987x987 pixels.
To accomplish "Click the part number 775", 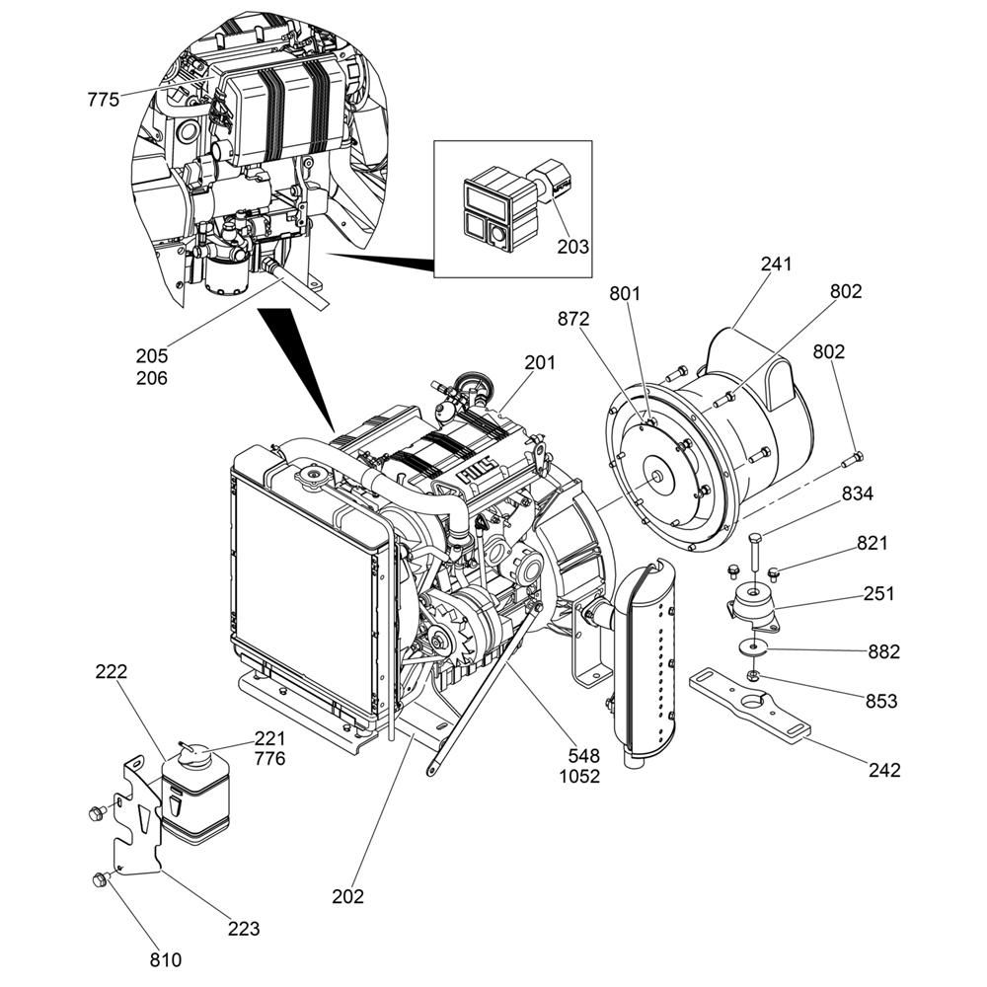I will tap(103, 100).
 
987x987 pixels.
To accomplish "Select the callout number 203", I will tap(572, 246).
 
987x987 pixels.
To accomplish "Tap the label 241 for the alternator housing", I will tap(776, 265).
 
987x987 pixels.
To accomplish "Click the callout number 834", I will tap(857, 494).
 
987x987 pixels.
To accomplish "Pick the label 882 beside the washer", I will tap(883, 651).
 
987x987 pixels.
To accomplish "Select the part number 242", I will tap(884, 770).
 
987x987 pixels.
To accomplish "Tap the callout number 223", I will tap(243, 928).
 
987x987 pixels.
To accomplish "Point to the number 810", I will tap(166, 958).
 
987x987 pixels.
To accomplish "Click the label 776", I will tap(269, 759).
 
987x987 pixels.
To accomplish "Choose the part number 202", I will tap(347, 896).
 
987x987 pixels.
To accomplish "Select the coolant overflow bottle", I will tap(195, 799).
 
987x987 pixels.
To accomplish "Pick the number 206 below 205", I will tap(152, 378).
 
